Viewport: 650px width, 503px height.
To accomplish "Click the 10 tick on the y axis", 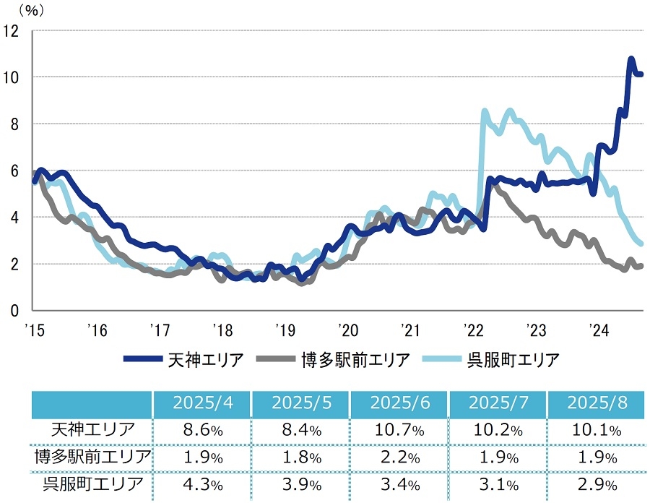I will click(12, 77).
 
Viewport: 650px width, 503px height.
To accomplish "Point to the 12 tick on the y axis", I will click(12, 30).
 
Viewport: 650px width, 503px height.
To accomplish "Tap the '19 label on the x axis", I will click(285, 331).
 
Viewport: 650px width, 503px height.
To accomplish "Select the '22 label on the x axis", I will click(473, 331).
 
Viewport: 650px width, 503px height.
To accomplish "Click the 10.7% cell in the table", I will click(399, 430).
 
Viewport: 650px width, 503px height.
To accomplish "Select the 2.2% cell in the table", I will click(399, 457).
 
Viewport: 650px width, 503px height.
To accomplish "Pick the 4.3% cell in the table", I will click(201, 485).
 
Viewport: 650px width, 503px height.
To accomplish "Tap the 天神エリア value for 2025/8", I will click(596, 430).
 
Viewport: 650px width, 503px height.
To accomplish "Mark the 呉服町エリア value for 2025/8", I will click(596, 485).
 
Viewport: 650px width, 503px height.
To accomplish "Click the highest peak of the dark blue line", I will click(631, 59).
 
